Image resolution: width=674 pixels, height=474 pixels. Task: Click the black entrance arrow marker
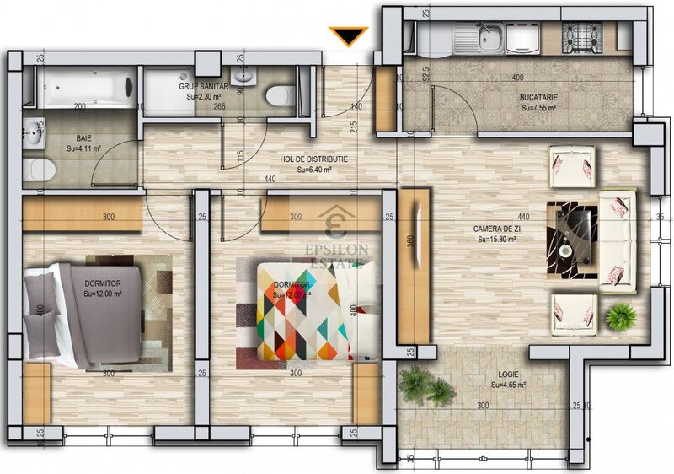pyautogui.click(x=349, y=36)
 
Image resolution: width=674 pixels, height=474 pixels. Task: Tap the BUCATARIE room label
pyautogui.click(x=538, y=98)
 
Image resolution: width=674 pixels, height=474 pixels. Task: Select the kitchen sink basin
pyautogui.click(x=489, y=35)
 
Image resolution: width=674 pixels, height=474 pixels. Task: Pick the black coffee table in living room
pyautogui.click(x=572, y=229)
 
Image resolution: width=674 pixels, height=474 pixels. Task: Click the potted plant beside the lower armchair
pyautogui.click(x=621, y=316)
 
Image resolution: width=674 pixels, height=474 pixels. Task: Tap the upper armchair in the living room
pyautogui.click(x=574, y=165)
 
